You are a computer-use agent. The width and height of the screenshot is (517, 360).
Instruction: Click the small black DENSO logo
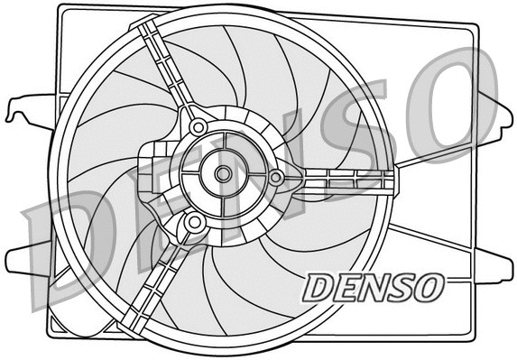coord(373,287)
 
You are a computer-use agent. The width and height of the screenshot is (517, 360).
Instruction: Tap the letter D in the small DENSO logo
coord(319,288)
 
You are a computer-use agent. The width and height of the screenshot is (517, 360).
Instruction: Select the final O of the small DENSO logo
coord(426,287)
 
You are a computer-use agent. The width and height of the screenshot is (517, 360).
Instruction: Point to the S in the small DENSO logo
coord(399,287)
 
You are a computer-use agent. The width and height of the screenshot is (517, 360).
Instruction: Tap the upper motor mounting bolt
coord(198,127)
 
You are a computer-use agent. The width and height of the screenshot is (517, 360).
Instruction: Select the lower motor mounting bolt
coord(195,221)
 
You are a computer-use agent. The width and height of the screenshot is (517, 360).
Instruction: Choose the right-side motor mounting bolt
coord(277,178)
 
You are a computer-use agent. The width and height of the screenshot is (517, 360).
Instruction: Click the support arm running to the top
coord(167,68)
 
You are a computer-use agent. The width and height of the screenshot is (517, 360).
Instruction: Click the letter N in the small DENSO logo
coord(373,287)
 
